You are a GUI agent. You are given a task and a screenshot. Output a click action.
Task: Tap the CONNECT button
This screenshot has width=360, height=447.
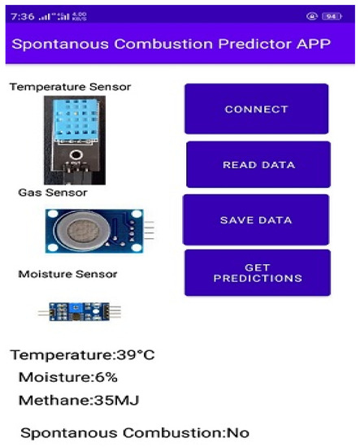(x=256, y=109)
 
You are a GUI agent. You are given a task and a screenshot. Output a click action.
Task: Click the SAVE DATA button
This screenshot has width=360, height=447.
(x=256, y=220)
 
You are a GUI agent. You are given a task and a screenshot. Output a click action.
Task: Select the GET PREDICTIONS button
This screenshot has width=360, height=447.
(x=257, y=273)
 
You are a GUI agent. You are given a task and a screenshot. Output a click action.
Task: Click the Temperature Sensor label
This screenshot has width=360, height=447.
(x=70, y=87)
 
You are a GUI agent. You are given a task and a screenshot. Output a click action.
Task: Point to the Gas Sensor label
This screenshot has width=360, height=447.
(x=53, y=193)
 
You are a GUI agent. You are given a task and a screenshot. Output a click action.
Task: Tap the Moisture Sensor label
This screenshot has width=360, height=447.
(x=67, y=275)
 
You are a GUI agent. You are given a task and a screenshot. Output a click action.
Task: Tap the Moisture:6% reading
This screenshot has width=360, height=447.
(x=67, y=377)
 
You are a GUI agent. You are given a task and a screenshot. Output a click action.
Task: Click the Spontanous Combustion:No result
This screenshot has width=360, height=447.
(x=134, y=432)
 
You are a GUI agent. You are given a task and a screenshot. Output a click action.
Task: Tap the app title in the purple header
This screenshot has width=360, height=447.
(x=171, y=43)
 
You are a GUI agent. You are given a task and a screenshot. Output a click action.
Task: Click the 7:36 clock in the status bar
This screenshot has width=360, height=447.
(x=22, y=15)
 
